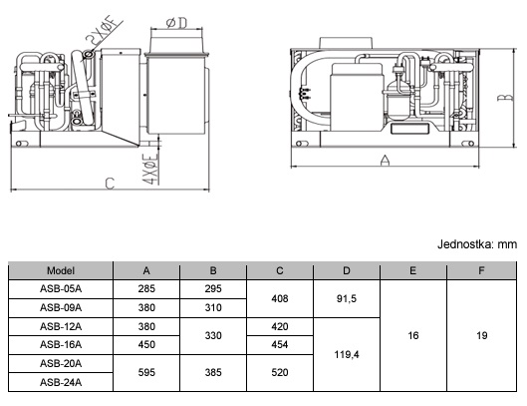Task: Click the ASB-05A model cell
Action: click(x=61, y=289)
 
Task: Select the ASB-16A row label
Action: click(x=61, y=344)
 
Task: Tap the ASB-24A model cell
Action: click(x=61, y=382)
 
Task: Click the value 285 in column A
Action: click(x=146, y=289)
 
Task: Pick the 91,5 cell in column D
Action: click(x=347, y=298)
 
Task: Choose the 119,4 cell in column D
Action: click(x=347, y=354)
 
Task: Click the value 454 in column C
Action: click(x=280, y=344)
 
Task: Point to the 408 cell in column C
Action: click(x=280, y=298)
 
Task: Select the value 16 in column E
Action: click(x=413, y=335)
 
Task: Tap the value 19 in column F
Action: click(x=481, y=335)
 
